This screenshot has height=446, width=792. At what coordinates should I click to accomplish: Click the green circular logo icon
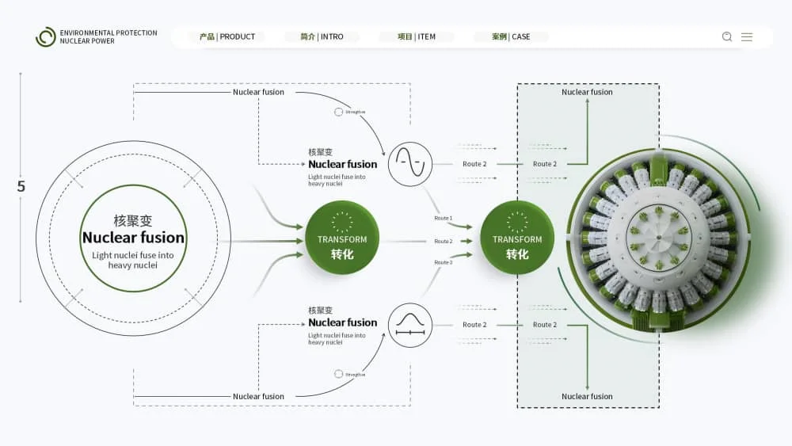(46, 37)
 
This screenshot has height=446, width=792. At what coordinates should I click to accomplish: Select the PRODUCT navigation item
(227, 37)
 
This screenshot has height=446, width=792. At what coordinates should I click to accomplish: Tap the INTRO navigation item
(322, 37)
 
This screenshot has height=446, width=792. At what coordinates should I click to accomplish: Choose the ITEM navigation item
(417, 37)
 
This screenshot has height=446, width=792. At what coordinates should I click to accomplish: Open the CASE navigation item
(511, 37)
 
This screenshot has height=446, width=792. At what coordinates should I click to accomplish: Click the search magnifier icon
(727, 36)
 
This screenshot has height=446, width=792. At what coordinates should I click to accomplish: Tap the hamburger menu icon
(747, 36)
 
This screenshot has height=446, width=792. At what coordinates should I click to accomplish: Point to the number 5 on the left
(21, 187)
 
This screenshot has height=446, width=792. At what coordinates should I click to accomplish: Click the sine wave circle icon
(410, 164)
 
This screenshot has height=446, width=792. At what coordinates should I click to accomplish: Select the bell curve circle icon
(410, 325)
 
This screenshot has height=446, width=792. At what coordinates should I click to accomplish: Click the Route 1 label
(444, 218)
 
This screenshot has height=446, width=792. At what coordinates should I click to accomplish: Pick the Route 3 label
(444, 262)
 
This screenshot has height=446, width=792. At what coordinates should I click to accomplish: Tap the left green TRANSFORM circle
(342, 238)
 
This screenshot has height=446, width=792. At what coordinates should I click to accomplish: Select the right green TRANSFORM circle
(517, 238)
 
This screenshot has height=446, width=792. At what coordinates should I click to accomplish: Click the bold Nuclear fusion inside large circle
(133, 238)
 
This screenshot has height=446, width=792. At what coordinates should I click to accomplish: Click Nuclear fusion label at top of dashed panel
(587, 92)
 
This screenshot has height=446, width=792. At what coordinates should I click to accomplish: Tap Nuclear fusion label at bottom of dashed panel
(587, 396)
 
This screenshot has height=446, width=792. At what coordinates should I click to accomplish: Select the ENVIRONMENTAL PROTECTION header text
(109, 33)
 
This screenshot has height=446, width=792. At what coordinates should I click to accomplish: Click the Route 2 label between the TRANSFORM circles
(444, 241)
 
